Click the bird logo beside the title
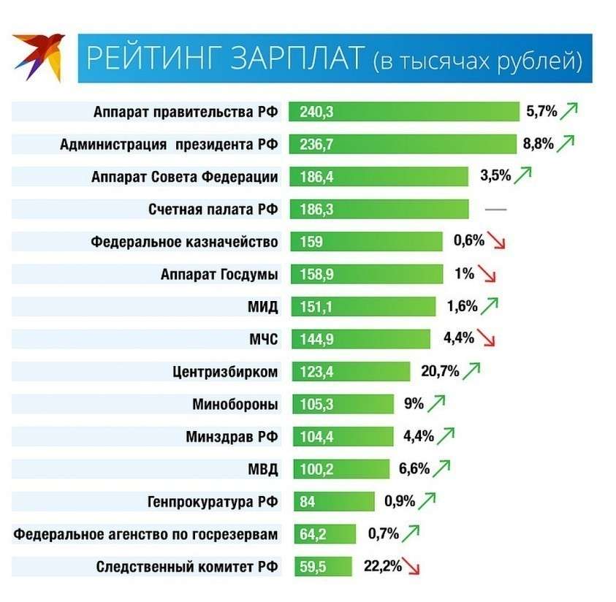tap(39, 56)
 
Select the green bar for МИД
tap(362, 307)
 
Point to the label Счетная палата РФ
tap(213, 210)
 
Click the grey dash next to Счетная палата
tap(495, 210)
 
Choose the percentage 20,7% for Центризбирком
tap(440, 371)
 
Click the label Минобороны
tap(235, 404)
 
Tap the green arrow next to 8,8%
tap(566, 143)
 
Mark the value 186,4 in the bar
tap(316, 177)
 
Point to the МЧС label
tap(263, 339)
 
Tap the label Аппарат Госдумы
tap(219, 275)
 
